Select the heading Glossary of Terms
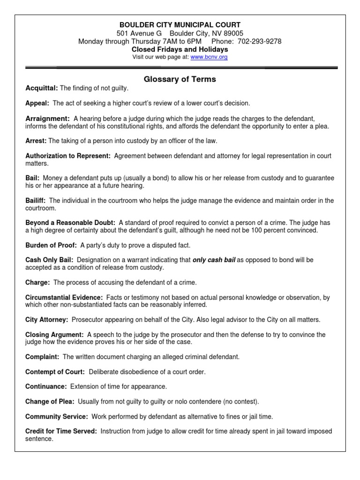(x=180, y=79)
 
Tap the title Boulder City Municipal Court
(x=180, y=25)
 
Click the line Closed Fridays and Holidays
(x=180, y=49)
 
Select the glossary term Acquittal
(x=41, y=88)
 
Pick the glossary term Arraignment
(x=47, y=119)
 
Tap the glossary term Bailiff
(x=35, y=201)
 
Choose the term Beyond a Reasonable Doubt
(x=70, y=223)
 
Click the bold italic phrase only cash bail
(x=214, y=260)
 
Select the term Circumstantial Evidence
(x=64, y=298)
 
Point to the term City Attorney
(x=47, y=320)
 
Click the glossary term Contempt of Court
(x=55, y=372)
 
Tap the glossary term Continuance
(x=45, y=387)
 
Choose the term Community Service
(x=56, y=417)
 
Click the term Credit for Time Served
(x=60, y=432)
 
